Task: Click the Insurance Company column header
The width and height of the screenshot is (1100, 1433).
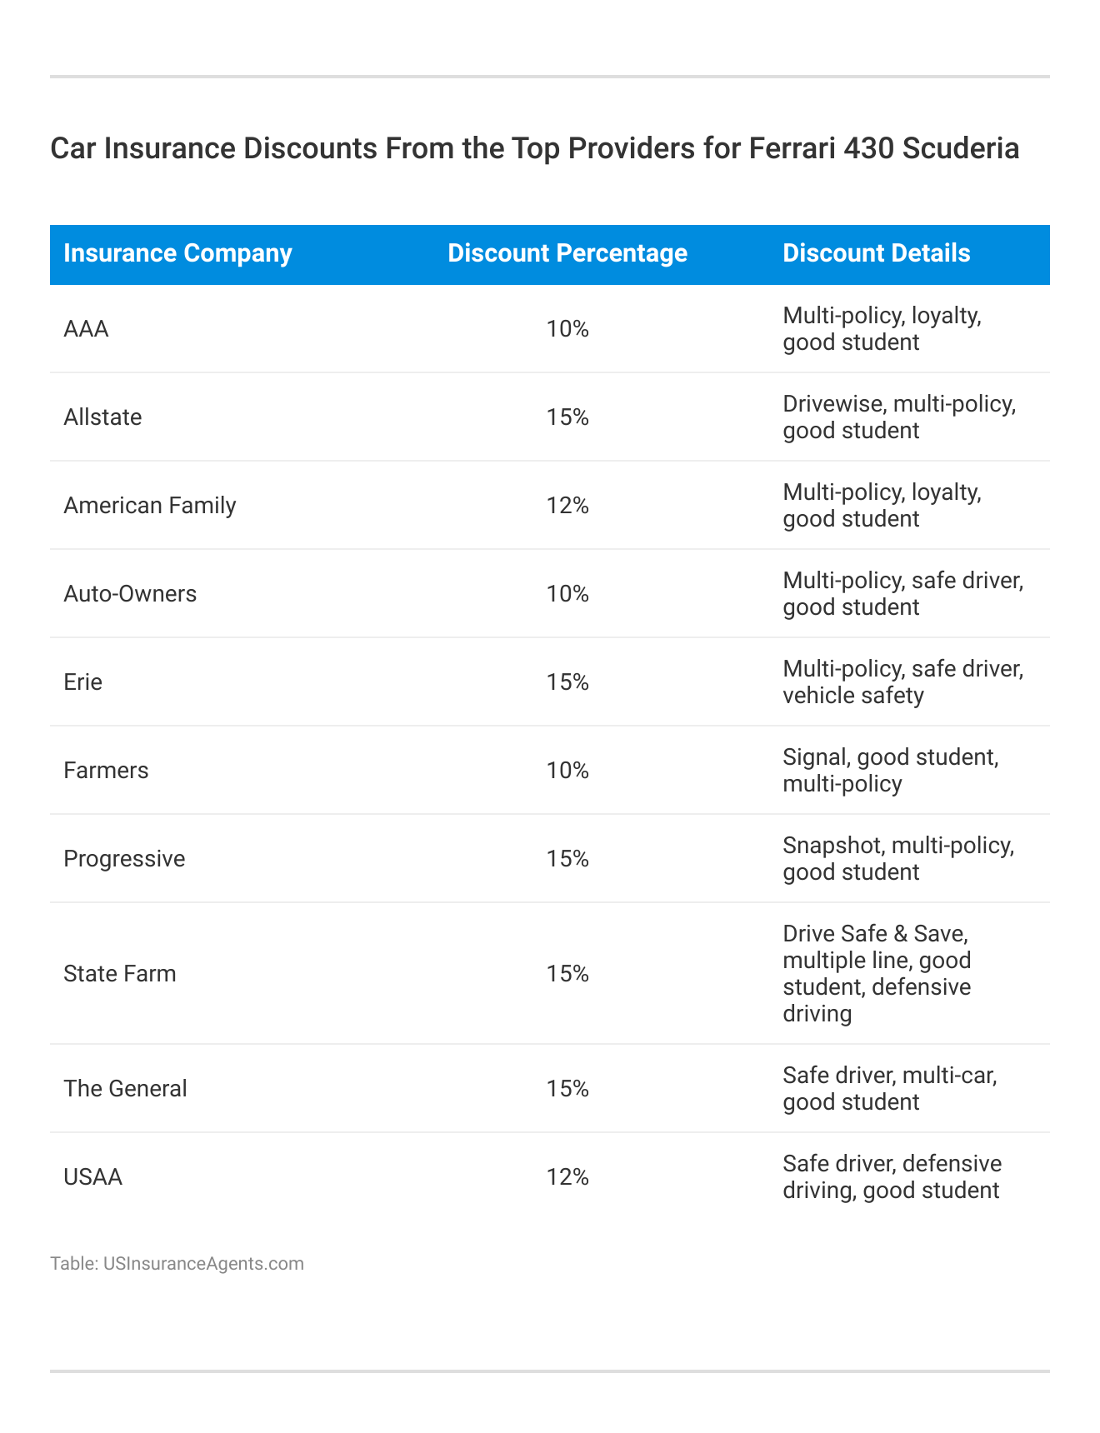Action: (177, 253)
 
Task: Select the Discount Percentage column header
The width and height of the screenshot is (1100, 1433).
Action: (567, 253)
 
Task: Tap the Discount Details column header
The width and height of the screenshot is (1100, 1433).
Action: (876, 253)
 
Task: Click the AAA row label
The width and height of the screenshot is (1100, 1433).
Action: (86, 329)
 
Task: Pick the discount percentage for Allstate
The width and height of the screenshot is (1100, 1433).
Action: (567, 417)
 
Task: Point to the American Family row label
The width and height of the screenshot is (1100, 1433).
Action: (150, 506)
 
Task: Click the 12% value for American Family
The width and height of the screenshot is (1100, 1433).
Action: (567, 506)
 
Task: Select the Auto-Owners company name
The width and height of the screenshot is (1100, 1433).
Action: (130, 594)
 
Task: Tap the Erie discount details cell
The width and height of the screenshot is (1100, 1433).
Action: (902, 682)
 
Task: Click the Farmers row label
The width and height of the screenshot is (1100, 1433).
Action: (106, 771)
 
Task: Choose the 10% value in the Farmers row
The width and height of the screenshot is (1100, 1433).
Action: (567, 771)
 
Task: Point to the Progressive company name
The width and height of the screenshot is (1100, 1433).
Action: (124, 859)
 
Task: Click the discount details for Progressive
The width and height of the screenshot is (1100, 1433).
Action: (898, 859)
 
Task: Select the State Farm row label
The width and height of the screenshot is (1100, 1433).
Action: (120, 974)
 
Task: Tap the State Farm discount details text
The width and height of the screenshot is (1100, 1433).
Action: (877, 974)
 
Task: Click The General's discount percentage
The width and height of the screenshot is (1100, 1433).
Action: (567, 1089)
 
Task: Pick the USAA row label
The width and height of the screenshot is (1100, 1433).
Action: (92, 1177)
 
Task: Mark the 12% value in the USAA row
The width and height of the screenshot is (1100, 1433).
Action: (567, 1177)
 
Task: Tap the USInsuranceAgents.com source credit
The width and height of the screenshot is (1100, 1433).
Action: (202, 1264)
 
